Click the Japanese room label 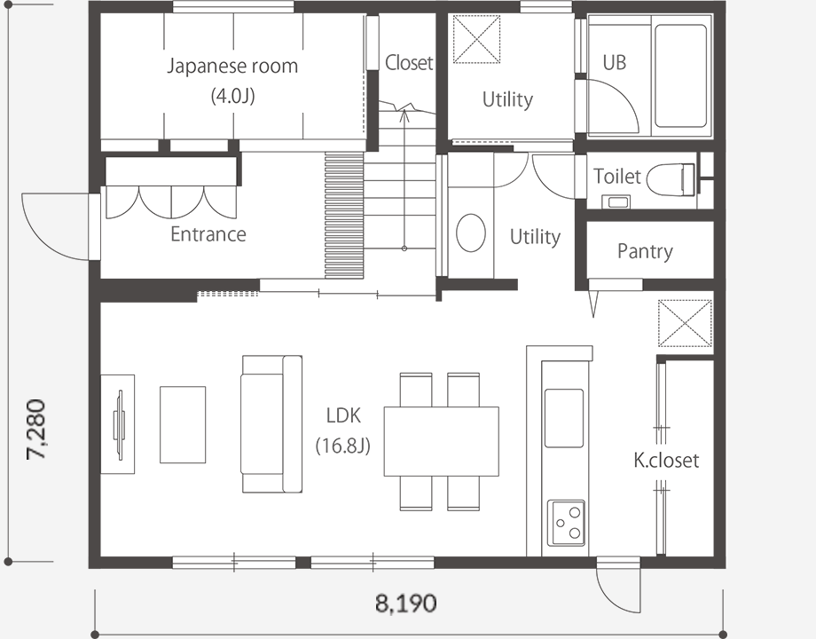(232, 67)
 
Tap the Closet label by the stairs (409, 62)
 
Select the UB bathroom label (614, 62)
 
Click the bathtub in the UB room (680, 76)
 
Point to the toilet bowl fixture (671, 179)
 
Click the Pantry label (645, 251)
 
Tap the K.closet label (666, 460)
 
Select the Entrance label (208, 233)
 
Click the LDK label (343, 415)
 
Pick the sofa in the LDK (271, 424)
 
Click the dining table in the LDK (442, 441)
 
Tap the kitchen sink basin (563, 418)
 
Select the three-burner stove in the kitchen (566, 523)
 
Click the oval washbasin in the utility (471, 233)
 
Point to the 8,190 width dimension (406, 603)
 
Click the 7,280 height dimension (35, 430)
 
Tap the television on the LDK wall (120, 425)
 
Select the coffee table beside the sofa (183, 424)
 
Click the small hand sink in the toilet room (616, 201)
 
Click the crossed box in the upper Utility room (476, 40)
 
